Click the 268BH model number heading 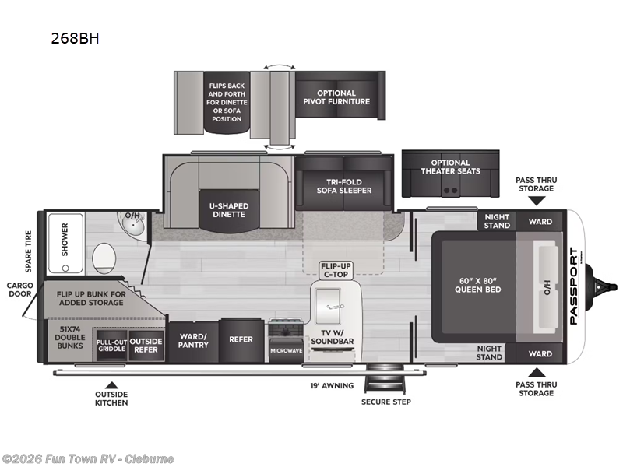tap(75, 38)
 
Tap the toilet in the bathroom tap(104, 258)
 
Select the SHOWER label tap(65, 240)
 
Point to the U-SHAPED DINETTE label tap(229, 210)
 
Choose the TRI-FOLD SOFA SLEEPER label tap(344, 186)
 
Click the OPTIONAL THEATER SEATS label tap(451, 167)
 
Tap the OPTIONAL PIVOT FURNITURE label tap(336, 97)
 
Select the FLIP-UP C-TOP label tap(336, 270)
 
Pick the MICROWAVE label tap(286, 351)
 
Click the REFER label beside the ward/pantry tap(241, 339)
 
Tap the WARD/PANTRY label tap(193, 341)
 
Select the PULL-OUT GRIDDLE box tap(111, 346)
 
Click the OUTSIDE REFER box tap(146, 346)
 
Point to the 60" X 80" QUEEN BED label tap(477, 285)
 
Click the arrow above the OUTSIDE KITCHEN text tap(111, 384)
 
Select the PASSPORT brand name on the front tap(574, 286)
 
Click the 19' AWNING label tap(332, 385)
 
